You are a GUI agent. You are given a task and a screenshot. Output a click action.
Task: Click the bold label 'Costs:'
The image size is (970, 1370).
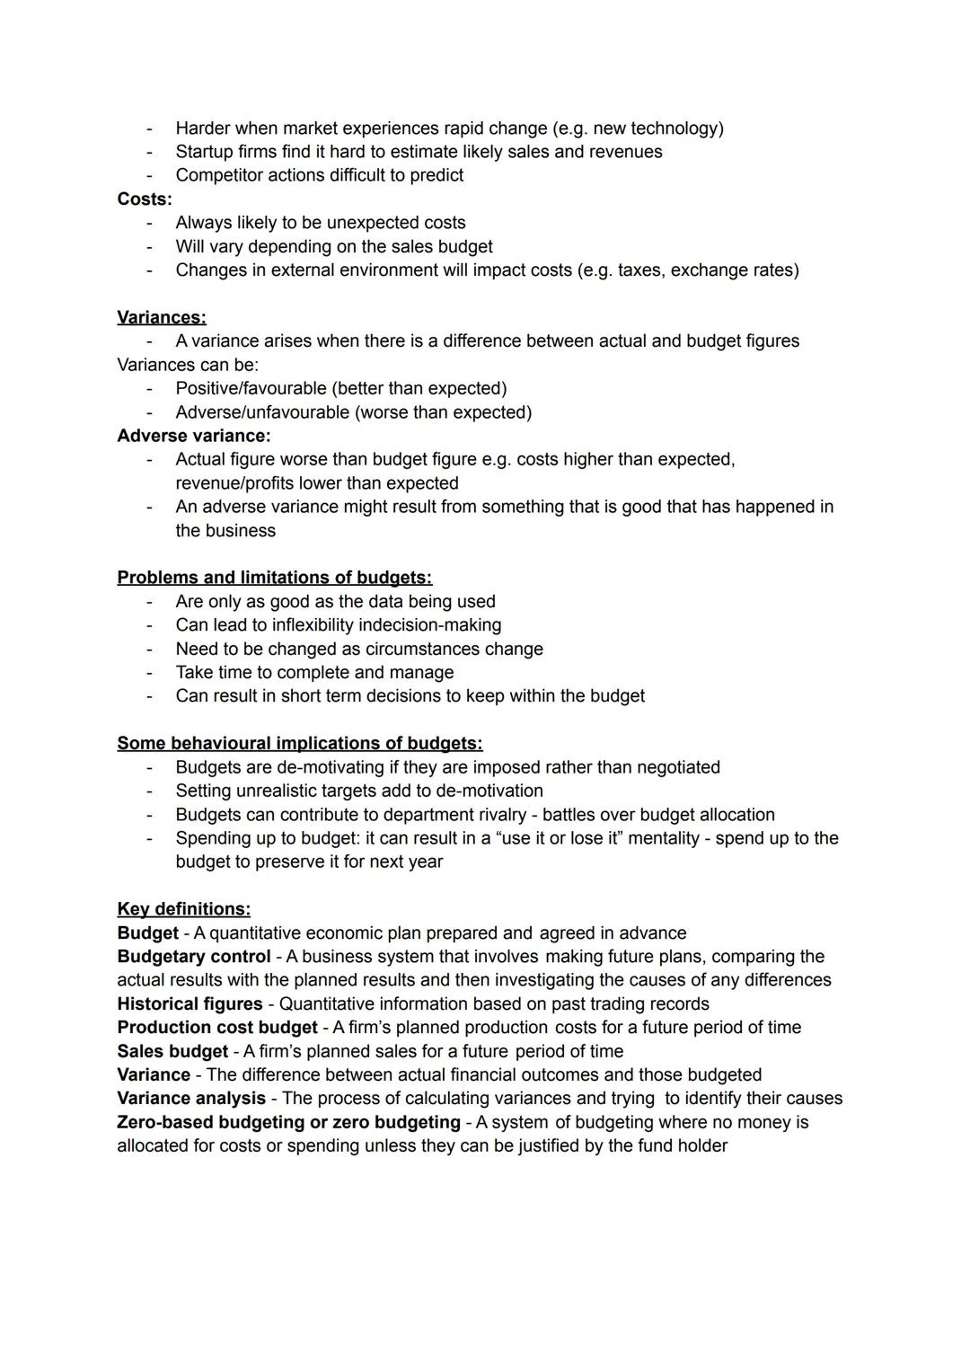[144, 199]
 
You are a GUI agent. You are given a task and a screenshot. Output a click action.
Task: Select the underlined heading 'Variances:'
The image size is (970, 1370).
[162, 317]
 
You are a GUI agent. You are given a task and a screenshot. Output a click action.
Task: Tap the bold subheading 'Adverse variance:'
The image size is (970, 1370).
[193, 436]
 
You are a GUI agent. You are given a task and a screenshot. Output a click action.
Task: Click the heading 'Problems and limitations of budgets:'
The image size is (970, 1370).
[274, 578]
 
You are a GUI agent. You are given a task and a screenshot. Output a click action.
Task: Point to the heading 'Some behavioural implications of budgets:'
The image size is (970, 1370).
[299, 743]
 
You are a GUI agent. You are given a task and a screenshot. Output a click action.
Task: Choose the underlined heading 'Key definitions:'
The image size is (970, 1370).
[183, 908]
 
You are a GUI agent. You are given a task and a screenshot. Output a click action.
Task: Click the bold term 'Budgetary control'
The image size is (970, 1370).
[193, 957]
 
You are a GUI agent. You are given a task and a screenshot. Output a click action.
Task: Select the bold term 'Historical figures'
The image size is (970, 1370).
[190, 1003]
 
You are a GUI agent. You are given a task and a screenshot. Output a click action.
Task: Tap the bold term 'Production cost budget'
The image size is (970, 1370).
[217, 1027]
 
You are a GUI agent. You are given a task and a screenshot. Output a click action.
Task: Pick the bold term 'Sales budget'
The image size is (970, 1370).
[172, 1051]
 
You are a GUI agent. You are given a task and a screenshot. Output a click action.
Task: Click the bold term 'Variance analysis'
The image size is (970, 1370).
[191, 1098]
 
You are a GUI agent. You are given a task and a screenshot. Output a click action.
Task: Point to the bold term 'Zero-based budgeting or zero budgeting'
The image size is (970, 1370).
[288, 1122]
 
